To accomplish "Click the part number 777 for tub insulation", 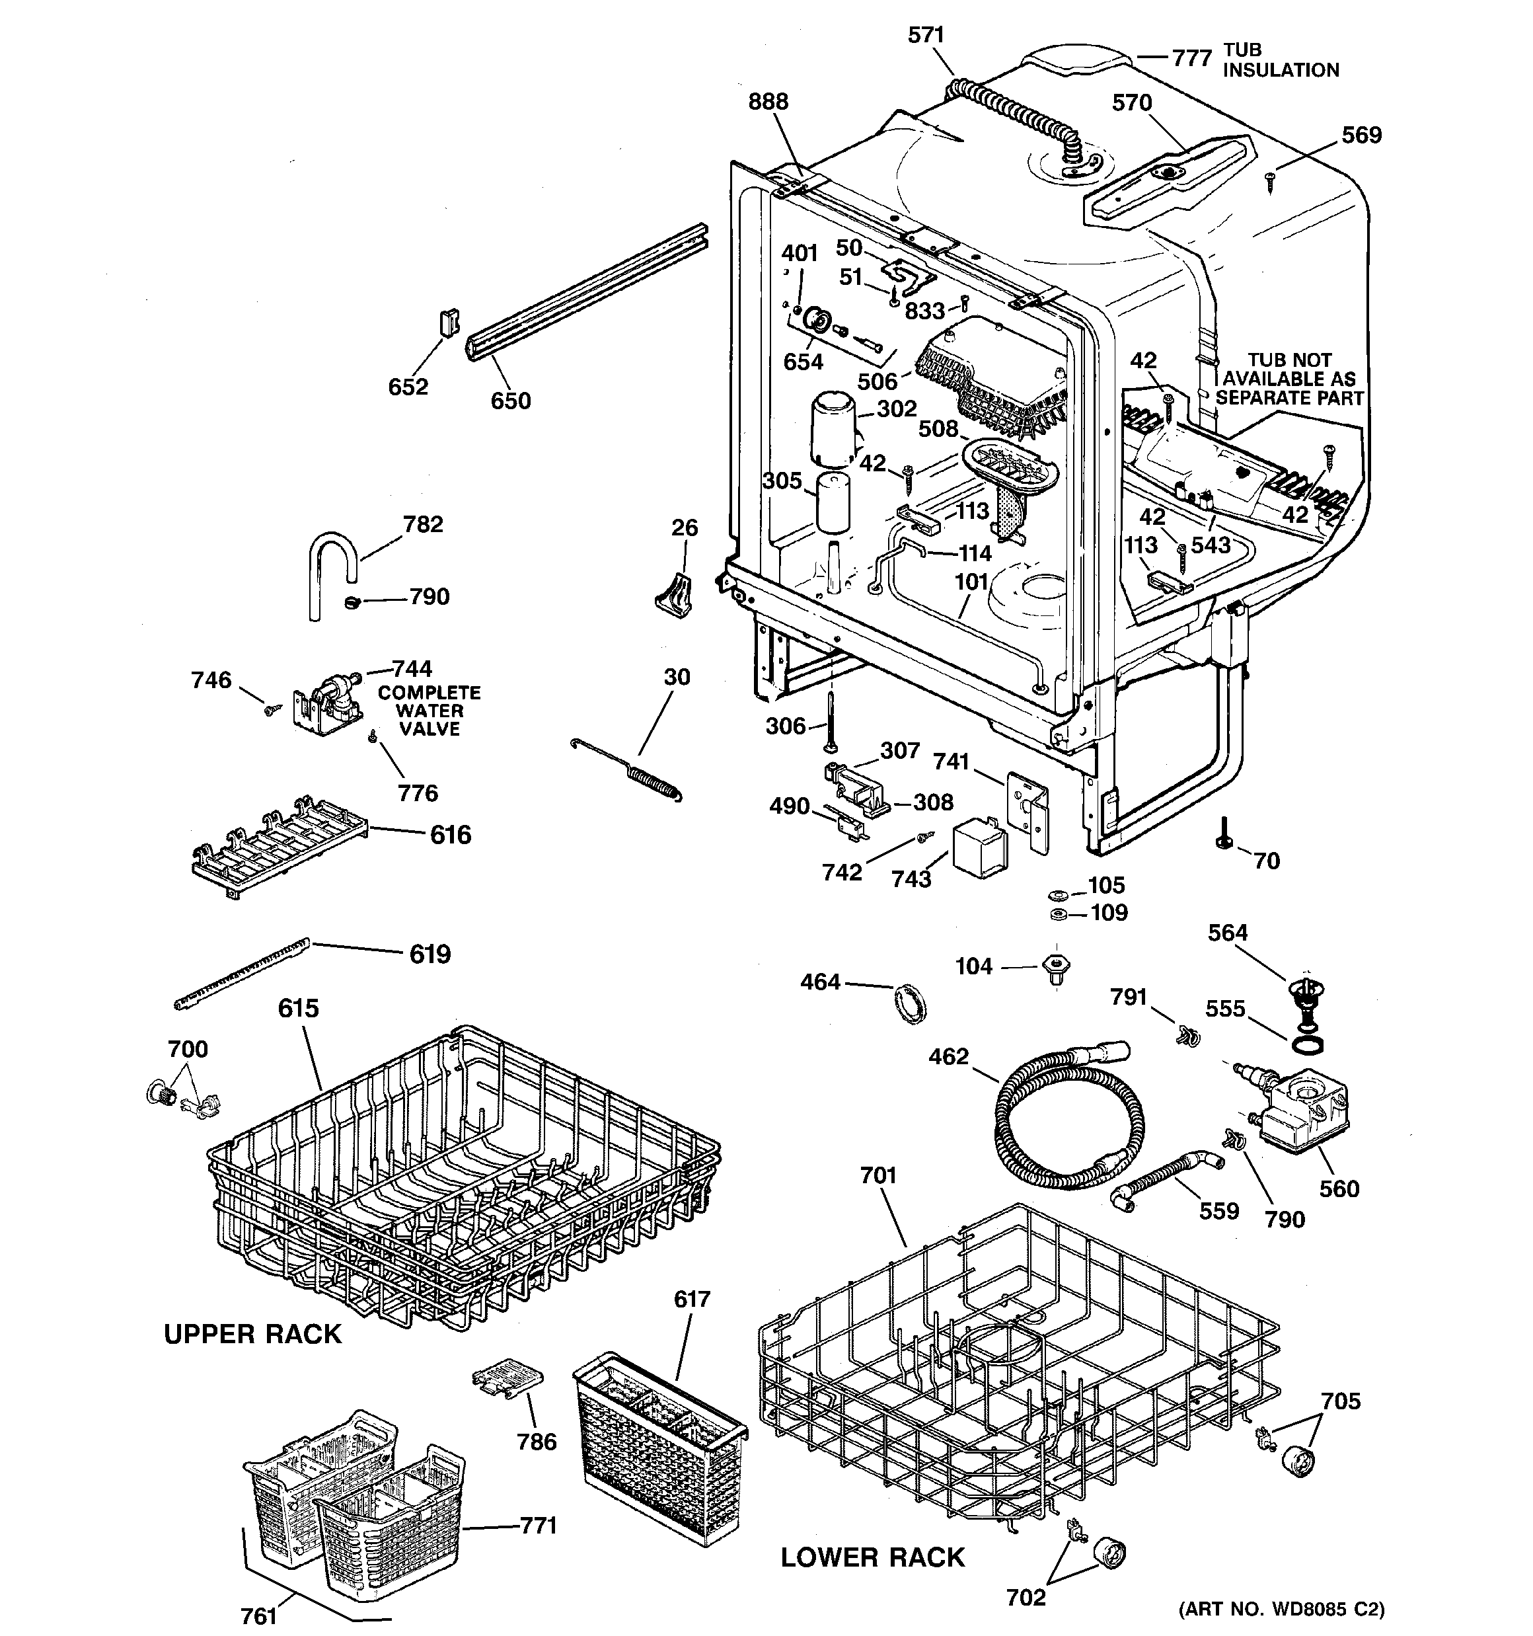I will coord(1191,58).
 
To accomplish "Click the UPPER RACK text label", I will coord(252,1334).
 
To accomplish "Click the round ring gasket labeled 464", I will coord(909,1003).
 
